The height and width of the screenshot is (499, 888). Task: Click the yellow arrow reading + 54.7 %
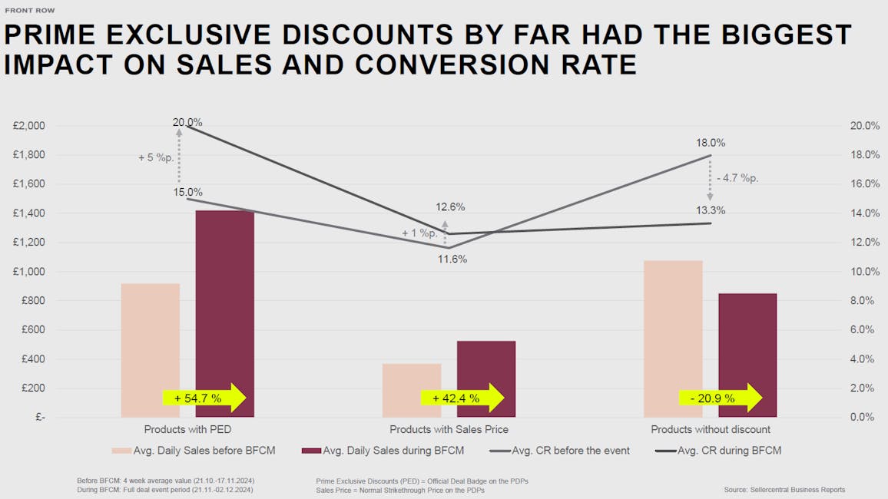pos(204,398)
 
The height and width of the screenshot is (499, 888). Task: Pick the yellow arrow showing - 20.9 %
pos(720,398)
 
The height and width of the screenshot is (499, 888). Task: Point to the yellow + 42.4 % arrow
pos(462,398)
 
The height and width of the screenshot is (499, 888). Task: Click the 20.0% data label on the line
pos(187,122)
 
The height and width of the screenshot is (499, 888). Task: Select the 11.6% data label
pos(452,259)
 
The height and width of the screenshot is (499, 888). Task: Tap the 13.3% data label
pos(711,210)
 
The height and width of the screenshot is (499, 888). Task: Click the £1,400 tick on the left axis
pos(29,213)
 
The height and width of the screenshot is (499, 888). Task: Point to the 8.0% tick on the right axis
pos(860,301)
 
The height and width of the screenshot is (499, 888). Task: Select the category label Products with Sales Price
pos(449,429)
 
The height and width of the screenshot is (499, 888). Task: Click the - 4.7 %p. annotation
pos(737,178)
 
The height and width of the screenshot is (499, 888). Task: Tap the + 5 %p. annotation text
pos(156,157)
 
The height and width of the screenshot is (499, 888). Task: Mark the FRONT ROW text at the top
pos(30,11)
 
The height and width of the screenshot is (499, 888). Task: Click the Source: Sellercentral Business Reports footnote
pos(784,490)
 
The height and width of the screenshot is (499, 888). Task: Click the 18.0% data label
pos(711,143)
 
